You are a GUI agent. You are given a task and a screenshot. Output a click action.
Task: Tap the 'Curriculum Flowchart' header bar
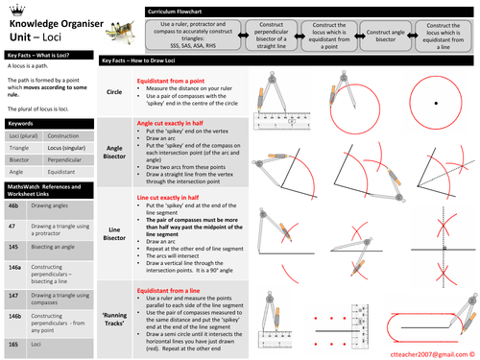tap(168, 9)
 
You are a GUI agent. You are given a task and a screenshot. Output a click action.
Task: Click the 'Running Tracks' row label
tap(114, 316)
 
